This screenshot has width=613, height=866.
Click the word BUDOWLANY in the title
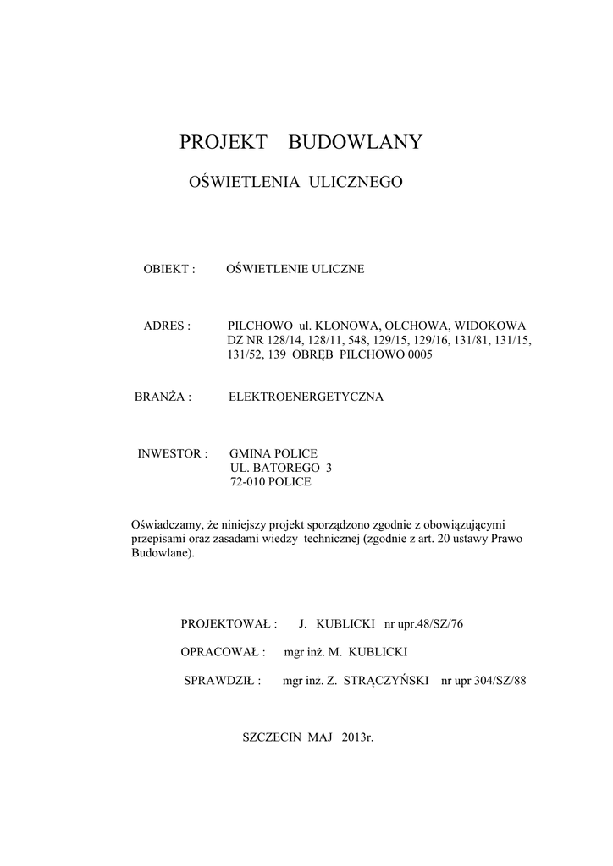click(x=356, y=142)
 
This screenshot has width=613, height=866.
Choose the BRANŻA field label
click(x=161, y=397)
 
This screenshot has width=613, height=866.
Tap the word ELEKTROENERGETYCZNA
click(x=306, y=397)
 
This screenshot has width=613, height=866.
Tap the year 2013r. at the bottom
click(x=358, y=737)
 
